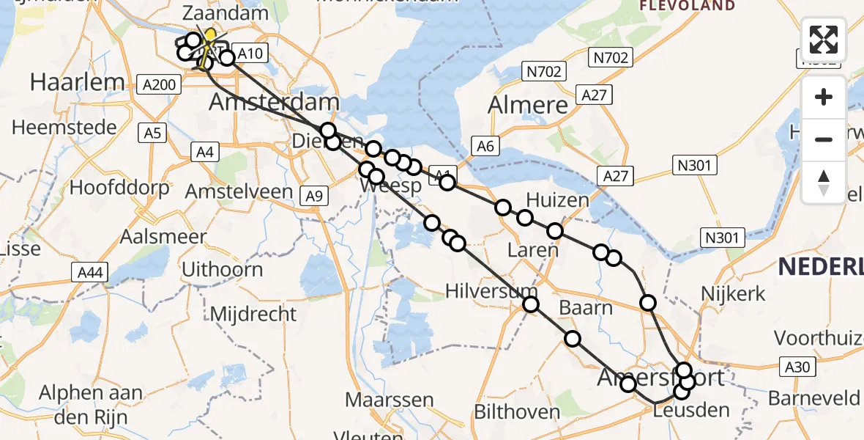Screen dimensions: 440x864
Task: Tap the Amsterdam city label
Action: [x=274, y=102]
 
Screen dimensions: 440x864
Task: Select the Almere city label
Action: [x=528, y=105]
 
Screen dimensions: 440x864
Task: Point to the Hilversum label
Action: [x=491, y=291]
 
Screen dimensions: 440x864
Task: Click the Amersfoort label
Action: [x=660, y=378]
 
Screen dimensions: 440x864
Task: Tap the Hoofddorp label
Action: [x=119, y=187]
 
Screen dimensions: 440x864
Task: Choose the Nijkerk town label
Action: [x=733, y=294]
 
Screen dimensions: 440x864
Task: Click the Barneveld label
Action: [x=813, y=398]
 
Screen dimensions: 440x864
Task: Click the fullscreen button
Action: [x=824, y=40]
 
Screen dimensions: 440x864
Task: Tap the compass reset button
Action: [x=824, y=182]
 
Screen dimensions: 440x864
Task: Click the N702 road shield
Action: [x=543, y=72]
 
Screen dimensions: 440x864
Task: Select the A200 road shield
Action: [x=158, y=85]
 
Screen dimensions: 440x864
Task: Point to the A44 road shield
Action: [x=91, y=274]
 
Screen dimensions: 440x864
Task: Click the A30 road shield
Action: [x=800, y=367]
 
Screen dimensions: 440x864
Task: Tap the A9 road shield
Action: [x=313, y=195]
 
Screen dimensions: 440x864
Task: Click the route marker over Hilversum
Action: [x=530, y=304]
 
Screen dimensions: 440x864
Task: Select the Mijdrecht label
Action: [x=253, y=315]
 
